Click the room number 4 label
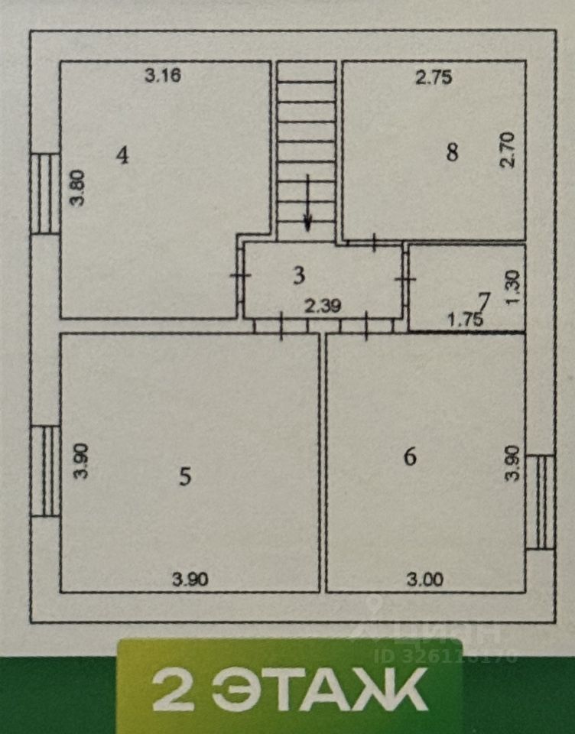coord(122,155)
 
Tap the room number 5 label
coord(184,477)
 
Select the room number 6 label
coord(410,457)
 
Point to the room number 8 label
coord(452,152)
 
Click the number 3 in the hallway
coord(299,275)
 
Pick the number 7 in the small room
coord(482,298)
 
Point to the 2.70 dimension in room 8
coord(512,151)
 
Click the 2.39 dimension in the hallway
coord(322,307)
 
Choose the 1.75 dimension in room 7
coord(465,321)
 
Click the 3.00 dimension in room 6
coord(425,580)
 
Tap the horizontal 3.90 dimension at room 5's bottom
coord(189,580)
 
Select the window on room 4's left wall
coord(45,193)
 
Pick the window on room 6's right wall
coord(541,502)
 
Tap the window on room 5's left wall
coord(45,470)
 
